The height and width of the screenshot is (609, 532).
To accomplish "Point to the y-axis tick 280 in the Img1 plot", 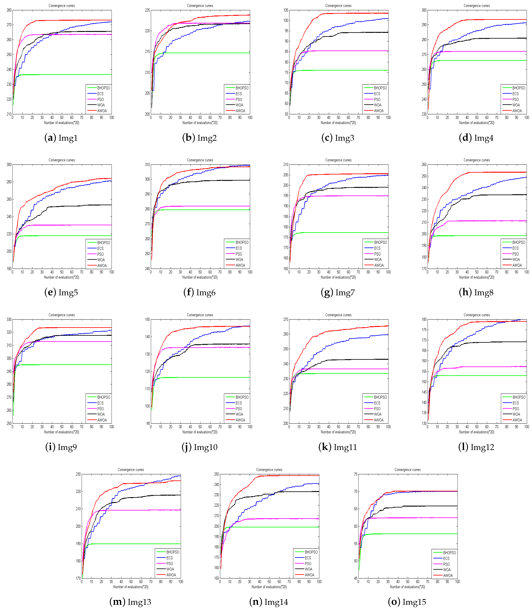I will coord(9,10).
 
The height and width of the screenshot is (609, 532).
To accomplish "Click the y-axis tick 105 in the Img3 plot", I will coord(286,10).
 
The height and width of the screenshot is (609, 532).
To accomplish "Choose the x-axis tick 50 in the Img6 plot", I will coord(200,272).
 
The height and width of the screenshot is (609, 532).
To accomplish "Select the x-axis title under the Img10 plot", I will coord(200,432).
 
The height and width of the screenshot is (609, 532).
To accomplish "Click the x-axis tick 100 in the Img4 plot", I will coord(526,118).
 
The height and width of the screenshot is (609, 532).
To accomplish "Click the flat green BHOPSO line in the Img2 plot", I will coord(208,53).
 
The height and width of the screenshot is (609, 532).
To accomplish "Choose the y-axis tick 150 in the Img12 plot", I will coord(424,382).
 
